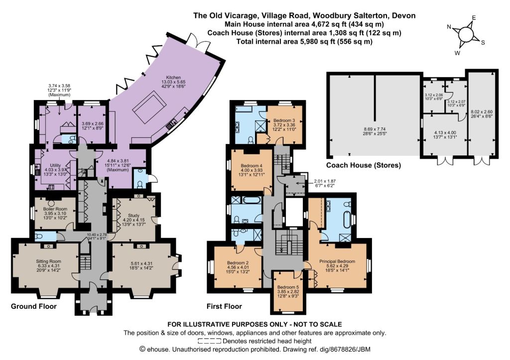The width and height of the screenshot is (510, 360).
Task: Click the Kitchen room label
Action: click(x=173, y=77)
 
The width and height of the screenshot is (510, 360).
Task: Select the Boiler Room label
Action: click(x=55, y=209)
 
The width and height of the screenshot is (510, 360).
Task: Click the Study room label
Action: click(x=133, y=215)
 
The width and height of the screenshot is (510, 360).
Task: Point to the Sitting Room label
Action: click(x=48, y=261)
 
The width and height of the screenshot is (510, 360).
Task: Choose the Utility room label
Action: click(x=55, y=165)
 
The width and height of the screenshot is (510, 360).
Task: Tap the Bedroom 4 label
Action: click(x=252, y=165)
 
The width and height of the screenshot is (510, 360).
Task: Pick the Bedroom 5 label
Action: click(x=288, y=287)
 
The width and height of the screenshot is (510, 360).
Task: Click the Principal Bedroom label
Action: click(x=337, y=261)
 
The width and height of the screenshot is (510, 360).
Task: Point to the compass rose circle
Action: click(x=466, y=33)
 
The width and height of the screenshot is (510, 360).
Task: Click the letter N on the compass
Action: click(x=449, y=27)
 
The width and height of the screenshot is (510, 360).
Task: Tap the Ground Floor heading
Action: click(x=34, y=306)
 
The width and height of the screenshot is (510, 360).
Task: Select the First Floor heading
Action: click(x=225, y=306)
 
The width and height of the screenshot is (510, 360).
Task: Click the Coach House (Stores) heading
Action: click(x=363, y=165)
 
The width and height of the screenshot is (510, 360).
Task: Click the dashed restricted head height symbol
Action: click(x=210, y=341)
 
